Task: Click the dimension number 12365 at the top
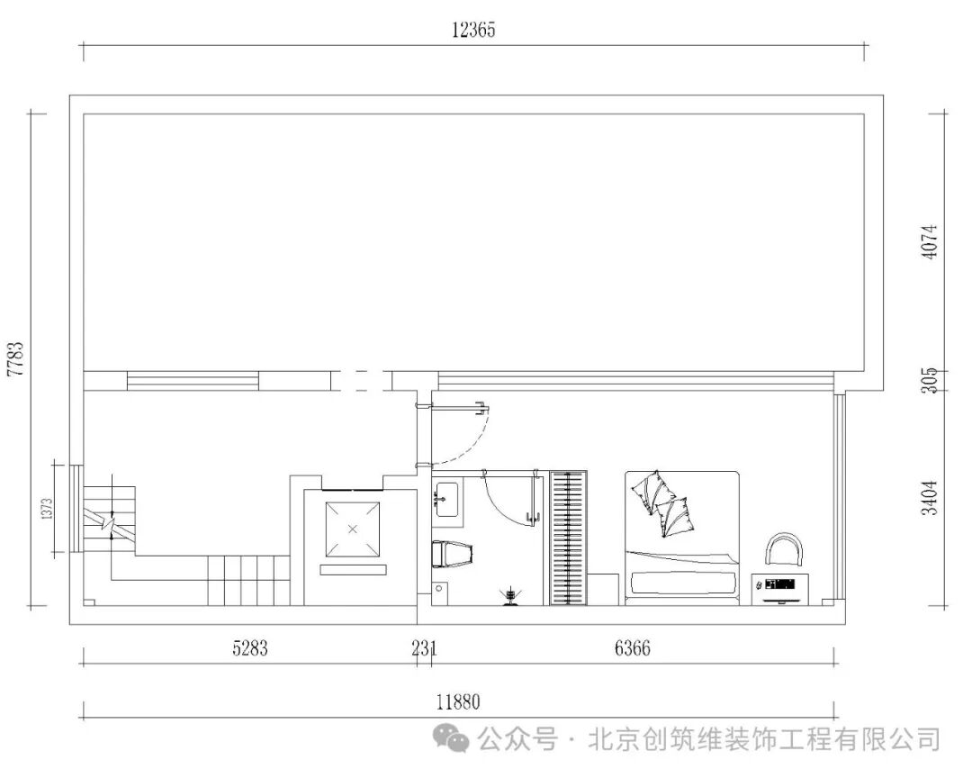point(473,30)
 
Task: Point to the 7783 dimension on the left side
point(15,357)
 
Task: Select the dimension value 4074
point(930,241)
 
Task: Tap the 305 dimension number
point(930,381)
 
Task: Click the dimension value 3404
point(930,497)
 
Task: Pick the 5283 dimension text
point(249,647)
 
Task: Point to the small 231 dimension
point(424,647)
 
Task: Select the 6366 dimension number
point(632,647)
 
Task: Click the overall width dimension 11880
point(460,702)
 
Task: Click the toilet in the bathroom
point(451,554)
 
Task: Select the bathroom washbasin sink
point(446,498)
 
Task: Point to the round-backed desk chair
point(782,548)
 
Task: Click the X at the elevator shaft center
point(352,529)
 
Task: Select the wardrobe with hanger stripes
point(568,538)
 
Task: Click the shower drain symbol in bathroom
point(511,594)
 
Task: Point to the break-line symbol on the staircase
point(109,521)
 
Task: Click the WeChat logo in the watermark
point(451,740)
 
